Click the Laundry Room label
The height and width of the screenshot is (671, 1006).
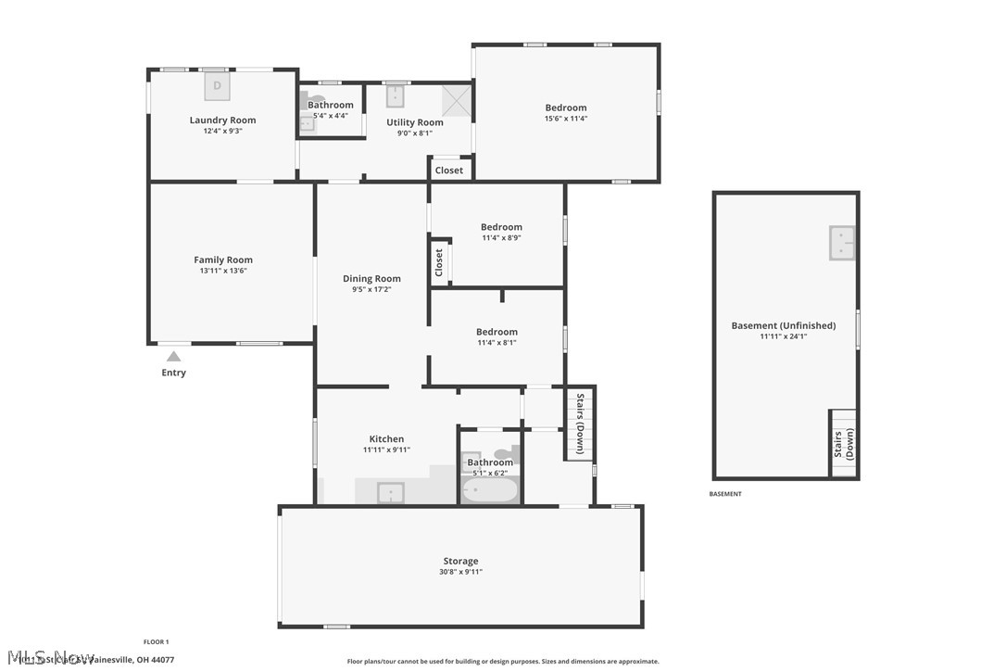click(222, 120)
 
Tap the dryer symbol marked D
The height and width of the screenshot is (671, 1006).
click(218, 86)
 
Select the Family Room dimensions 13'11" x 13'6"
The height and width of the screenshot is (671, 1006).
click(222, 271)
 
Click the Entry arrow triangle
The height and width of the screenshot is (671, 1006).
click(173, 356)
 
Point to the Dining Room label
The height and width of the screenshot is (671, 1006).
click(371, 279)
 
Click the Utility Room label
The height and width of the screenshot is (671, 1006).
click(414, 122)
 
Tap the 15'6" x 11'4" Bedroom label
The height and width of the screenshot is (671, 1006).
click(565, 108)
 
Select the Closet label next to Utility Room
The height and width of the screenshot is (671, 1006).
click(449, 171)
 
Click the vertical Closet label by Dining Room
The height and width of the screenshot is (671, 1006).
click(439, 262)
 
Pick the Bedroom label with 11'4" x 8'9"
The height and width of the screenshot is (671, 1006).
click(501, 227)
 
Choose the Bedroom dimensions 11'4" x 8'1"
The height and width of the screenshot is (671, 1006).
click(497, 343)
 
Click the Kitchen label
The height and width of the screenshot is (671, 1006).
click(386, 439)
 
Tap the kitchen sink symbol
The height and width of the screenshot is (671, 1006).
click(390, 492)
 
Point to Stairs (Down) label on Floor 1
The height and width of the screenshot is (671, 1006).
click(580, 423)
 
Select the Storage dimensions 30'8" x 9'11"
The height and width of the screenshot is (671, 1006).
click(460, 572)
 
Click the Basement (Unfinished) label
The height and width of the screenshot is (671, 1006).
click(783, 325)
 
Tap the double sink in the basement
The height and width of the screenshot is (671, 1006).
click(841, 243)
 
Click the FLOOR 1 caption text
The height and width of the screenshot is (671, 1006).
click(156, 641)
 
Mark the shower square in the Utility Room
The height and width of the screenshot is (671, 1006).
click(456, 100)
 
